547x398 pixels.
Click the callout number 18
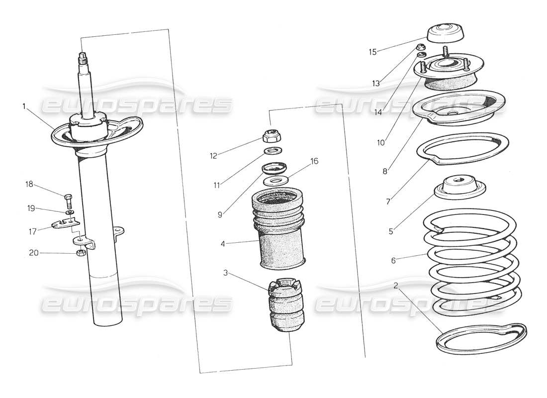pos(29,184)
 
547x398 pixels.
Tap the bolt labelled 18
pos(69,201)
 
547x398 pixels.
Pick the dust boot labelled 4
pos(278,234)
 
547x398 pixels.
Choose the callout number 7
pos(388,201)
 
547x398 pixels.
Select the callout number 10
pos(381,142)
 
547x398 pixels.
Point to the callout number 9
pos(220,214)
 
